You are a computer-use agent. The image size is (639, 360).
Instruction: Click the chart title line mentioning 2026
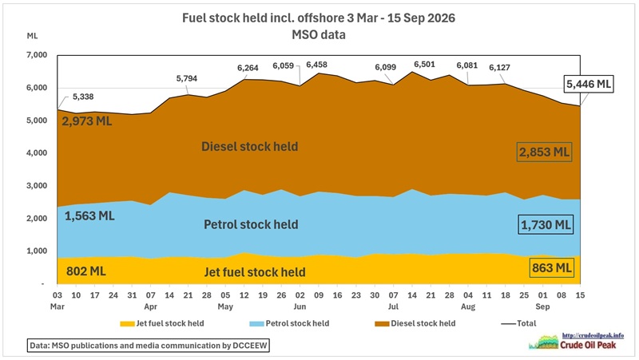[318, 18]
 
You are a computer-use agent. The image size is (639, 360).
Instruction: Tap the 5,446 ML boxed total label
[589, 84]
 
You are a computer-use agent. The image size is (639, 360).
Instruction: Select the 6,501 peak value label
[424, 65]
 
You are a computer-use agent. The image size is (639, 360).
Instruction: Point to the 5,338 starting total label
[83, 97]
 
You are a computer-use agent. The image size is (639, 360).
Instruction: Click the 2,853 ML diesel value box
[544, 152]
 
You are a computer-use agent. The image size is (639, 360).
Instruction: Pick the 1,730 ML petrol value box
[546, 224]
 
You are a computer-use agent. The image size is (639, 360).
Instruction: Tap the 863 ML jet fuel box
[552, 268]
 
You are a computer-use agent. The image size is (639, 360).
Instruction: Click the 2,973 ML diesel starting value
[87, 121]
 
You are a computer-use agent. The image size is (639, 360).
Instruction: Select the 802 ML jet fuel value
[86, 271]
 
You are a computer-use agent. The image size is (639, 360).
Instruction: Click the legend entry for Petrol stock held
[289, 323]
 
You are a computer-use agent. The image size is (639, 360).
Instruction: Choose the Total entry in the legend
[518, 323]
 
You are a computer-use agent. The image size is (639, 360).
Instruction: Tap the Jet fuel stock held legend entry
[162, 323]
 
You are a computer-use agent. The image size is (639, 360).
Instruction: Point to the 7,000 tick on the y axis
[37, 54]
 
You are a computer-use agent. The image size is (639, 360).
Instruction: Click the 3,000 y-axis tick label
[37, 185]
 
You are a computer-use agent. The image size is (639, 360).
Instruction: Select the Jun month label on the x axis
[300, 307]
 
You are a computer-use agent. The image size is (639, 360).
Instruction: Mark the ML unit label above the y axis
[32, 36]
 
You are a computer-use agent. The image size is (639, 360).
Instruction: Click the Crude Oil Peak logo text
[588, 345]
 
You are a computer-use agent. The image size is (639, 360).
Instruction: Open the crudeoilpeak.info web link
[593, 335]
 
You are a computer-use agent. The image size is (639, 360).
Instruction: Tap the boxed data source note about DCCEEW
[149, 346]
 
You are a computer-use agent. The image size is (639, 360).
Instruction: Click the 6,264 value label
[248, 68]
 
